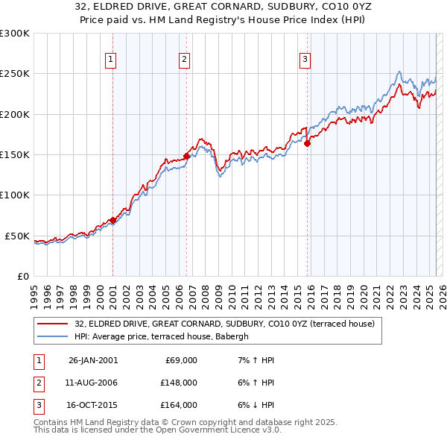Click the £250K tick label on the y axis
coord(15,74)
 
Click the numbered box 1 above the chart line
coord(110,60)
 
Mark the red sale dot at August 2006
coord(186,156)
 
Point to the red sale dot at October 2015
coord(307,143)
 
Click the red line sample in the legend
coord(53,324)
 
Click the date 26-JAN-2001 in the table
coord(93,360)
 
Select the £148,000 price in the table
coord(179,383)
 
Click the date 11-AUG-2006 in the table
coord(93,383)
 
